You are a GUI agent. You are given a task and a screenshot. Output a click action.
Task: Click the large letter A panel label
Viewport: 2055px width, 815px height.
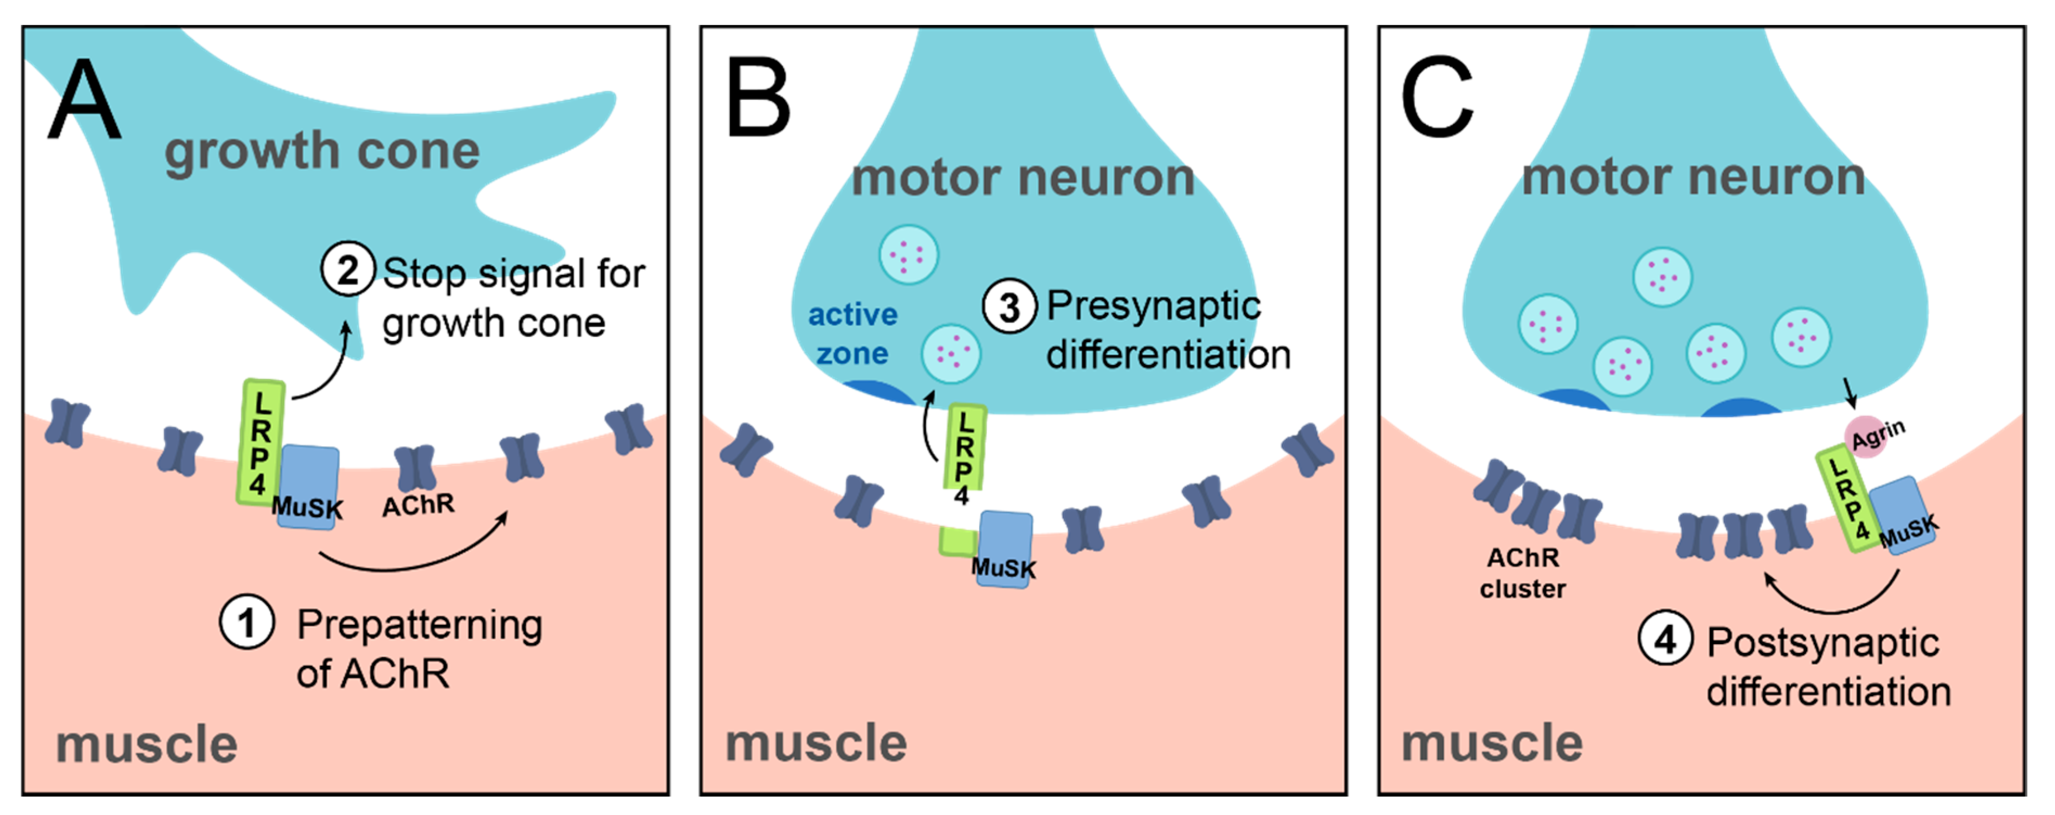coord(85,100)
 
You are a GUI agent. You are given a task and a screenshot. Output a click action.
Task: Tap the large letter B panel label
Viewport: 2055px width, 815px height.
coord(758,98)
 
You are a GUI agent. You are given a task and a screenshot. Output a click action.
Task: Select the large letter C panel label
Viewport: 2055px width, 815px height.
coord(1437,98)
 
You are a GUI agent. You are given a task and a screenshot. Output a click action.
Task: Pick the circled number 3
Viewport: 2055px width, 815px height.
coord(1009,306)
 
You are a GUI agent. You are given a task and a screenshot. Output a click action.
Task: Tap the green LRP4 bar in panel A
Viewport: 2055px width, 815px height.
coord(260,441)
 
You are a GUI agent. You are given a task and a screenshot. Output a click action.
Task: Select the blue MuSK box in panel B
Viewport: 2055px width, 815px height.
coord(1005,549)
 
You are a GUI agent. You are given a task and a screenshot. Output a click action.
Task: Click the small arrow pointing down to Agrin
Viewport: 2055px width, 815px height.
coord(1849,392)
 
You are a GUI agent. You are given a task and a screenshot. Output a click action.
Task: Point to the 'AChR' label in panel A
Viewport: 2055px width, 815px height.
coord(418,505)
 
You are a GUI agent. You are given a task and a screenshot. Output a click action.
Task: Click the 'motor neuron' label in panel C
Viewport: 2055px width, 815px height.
coord(1693,177)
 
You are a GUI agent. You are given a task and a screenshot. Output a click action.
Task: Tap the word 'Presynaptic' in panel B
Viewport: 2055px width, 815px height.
coord(1153,306)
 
